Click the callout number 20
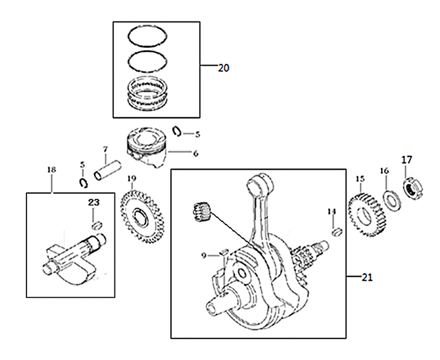coord(224,68)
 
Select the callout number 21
coord(367,277)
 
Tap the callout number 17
coord(406,160)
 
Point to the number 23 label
coord(94,202)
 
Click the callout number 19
coord(132,178)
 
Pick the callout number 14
coord(332,211)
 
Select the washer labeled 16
coord(392,200)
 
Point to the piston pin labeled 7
coord(107,171)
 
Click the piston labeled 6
coord(146,148)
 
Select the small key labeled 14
coord(337,232)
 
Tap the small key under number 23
coord(97,225)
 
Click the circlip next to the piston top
coord(177,132)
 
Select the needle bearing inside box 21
coord(202,212)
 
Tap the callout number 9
coord(204,256)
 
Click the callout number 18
coord(52,170)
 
